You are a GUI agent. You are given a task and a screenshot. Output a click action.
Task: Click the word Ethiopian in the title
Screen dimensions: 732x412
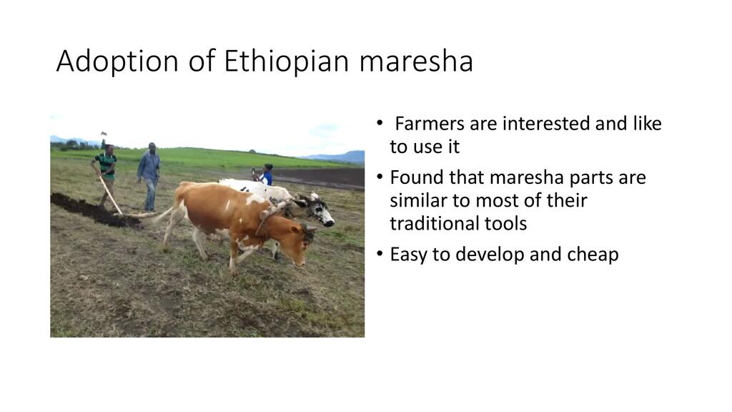tap(287, 61)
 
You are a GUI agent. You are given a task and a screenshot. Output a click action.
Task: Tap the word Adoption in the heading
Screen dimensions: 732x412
tap(117, 62)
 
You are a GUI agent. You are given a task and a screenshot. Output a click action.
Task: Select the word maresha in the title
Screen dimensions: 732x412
tap(416, 62)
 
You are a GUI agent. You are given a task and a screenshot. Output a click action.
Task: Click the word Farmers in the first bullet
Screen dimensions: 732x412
tap(430, 124)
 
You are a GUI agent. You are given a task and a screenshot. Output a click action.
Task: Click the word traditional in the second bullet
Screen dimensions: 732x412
tap(432, 224)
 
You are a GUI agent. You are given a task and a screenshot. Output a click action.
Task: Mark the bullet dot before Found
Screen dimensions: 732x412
tap(380, 177)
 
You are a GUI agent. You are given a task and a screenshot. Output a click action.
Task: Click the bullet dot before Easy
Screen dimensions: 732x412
tap(380, 254)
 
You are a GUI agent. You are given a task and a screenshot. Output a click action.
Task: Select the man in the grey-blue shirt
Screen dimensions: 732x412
tap(149, 176)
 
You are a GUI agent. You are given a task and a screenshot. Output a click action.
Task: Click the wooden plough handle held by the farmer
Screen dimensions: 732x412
tap(109, 192)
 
